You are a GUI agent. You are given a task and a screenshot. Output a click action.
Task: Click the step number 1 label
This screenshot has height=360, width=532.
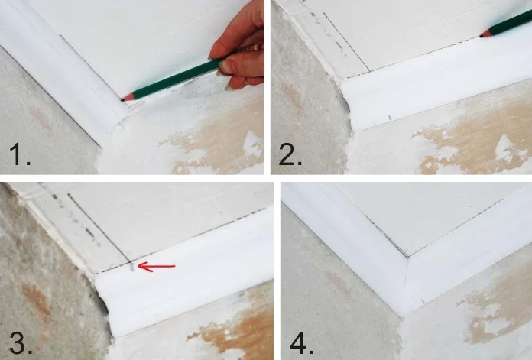point(20,154)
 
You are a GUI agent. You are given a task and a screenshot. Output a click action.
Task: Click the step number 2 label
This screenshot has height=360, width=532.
point(290,154)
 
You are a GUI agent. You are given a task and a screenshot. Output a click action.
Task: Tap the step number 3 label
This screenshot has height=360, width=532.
point(21,343)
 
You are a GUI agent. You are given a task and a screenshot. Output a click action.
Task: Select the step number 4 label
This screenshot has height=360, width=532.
point(302,343)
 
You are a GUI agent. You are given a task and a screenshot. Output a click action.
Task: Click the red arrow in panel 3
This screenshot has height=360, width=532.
point(157,267)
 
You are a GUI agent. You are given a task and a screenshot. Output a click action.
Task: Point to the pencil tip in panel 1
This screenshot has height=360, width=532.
point(122,100)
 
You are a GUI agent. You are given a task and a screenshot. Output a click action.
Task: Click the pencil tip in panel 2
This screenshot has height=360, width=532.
point(482,35)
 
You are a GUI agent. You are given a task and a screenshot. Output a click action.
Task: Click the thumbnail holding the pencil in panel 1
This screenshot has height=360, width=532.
point(225,66)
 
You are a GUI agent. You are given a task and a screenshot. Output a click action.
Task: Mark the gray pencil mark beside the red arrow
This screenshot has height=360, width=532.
point(131,267)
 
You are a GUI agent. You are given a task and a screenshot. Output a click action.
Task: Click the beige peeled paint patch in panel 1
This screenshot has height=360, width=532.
point(217,146)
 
